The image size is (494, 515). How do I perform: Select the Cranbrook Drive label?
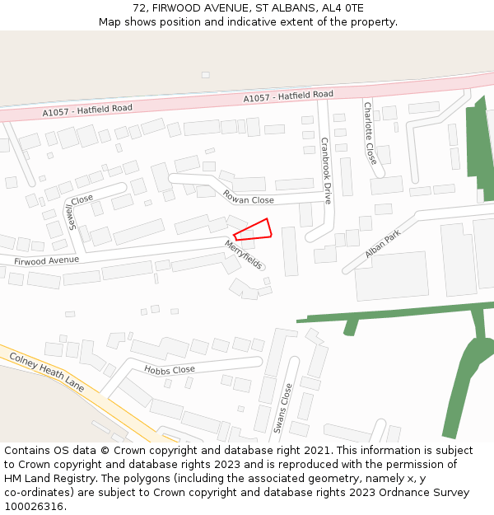[326, 170]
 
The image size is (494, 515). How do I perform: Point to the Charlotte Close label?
[370, 133]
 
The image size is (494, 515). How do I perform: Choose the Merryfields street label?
[244, 255]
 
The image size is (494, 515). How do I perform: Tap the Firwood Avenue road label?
[46, 260]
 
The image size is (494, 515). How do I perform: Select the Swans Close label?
[282, 408]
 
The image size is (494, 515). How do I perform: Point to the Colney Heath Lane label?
[47, 372]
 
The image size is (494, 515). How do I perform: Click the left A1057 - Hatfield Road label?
[87, 110]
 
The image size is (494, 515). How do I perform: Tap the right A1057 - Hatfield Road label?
[288, 96]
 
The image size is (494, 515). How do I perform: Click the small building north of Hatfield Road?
[205, 75]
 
